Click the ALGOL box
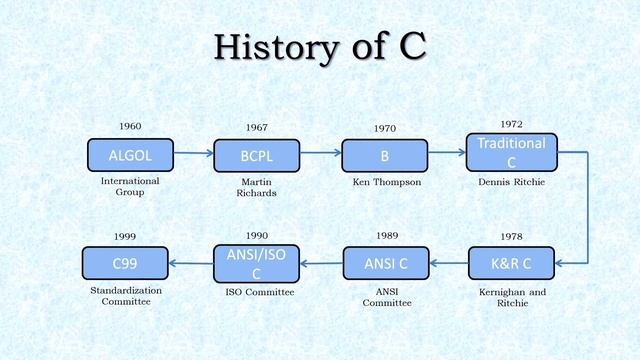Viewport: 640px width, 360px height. [130, 155]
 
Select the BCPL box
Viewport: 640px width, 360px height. [256, 156]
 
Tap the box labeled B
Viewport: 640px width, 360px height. [385, 156]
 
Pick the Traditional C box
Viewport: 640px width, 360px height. [511, 153]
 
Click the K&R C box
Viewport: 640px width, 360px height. [512, 263]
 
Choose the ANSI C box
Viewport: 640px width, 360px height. [385, 263]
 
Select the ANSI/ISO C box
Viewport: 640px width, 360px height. [256, 263]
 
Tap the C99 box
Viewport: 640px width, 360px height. [125, 263]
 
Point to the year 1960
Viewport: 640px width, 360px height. [130, 126]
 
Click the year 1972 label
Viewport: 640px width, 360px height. [511, 124]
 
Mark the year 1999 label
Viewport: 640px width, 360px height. [125, 236]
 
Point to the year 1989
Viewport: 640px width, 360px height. [387, 235]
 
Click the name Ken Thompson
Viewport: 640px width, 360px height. [385, 183]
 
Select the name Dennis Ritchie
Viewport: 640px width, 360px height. [511, 183]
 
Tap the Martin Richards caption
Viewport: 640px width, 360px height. [256, 187]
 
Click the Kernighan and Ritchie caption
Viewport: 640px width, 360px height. [512, 297]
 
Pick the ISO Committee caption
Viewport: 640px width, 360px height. [259, 292]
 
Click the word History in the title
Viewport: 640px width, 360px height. [270, 46]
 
